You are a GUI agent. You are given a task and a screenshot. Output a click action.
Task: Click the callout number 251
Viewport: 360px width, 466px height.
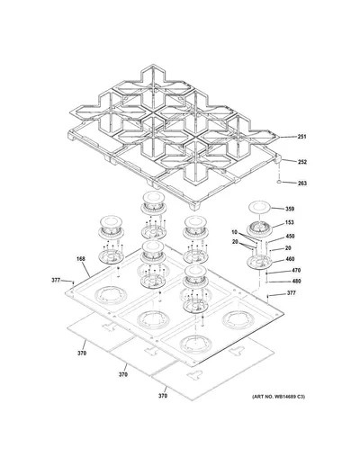[x=301, y=137]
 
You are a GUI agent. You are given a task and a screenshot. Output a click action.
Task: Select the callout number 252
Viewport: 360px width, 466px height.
[x=302, y=162]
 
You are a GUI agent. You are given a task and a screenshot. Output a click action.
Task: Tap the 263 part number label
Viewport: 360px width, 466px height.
[x=302, y=183]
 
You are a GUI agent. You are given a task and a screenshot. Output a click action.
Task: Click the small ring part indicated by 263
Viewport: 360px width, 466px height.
[x=279, y=182]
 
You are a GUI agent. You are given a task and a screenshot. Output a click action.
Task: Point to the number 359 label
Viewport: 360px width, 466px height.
[x=290, y=209]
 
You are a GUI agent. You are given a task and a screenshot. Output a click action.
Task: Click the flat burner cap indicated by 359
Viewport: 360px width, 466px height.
[x=259, y=207]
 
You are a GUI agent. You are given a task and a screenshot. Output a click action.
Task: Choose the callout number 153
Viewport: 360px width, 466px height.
[x=289, y=222]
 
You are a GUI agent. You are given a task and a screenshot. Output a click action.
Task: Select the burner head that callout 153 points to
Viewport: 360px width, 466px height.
[x=259, y=229]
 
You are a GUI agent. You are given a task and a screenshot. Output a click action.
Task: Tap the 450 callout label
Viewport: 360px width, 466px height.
[x=290, y=237]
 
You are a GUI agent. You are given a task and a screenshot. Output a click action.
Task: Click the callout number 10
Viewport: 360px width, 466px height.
[x=234, y=232]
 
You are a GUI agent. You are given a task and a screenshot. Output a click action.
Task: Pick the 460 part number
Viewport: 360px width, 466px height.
[x=290, y=259]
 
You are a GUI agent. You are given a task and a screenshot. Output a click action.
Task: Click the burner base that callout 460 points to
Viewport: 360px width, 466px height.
[x=259, y=262]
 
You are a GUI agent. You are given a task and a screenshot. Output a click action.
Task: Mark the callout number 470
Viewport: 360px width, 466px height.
[x=296, y=270]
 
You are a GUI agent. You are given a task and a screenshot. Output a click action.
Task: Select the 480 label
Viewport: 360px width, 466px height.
[x=296, y=281]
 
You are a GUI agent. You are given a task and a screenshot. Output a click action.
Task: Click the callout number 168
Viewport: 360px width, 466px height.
[x=80, y=259]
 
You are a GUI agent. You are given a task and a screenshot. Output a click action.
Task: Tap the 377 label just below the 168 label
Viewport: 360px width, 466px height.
[x=56, y=281]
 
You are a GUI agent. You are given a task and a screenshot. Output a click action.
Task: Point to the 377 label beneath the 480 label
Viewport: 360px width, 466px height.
[x=291, y=293]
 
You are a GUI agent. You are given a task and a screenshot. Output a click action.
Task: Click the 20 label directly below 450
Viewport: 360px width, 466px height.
[x=288, y=248]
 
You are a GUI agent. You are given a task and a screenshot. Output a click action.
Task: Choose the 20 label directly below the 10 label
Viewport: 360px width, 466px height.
[x=235, y=242]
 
